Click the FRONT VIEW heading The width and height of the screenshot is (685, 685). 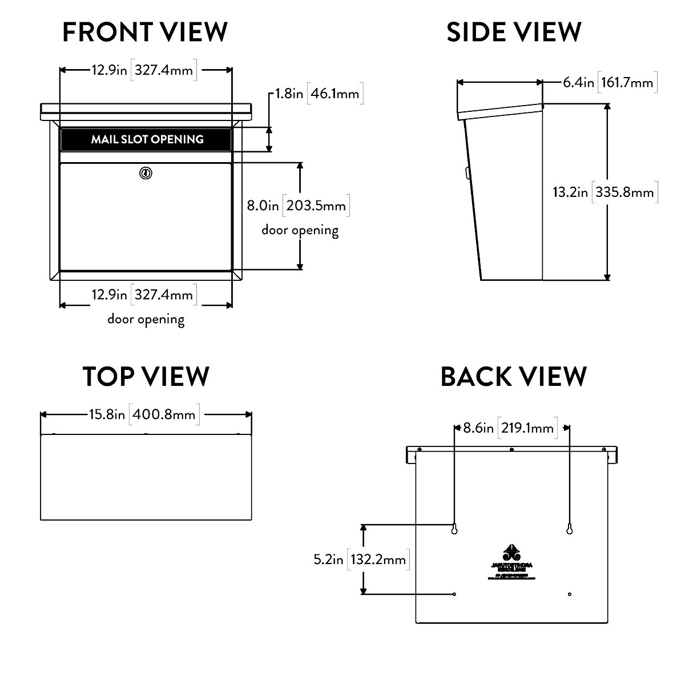(145, 32)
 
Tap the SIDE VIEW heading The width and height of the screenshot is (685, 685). (514, 32)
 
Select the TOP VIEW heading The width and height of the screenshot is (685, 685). (146, 376)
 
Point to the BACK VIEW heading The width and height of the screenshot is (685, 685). (514, 377)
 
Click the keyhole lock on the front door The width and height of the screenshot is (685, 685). (146, 172)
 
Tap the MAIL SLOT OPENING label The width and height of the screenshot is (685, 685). (147, 139)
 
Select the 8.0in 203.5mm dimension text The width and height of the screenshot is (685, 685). (297, 205)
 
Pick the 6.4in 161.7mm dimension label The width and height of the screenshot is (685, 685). (609, 82)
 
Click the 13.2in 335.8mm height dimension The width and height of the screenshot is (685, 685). (603, 192)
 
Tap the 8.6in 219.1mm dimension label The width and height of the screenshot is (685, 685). (509, 428)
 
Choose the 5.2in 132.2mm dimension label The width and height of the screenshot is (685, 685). (360, 559)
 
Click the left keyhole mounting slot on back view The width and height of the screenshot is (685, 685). (454, 529)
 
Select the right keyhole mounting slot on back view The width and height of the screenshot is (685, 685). (569, 529)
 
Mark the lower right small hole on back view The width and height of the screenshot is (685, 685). (570, 594)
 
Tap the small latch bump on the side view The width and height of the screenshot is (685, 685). (468, 171)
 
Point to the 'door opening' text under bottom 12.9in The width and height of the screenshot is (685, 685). (146, 319)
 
